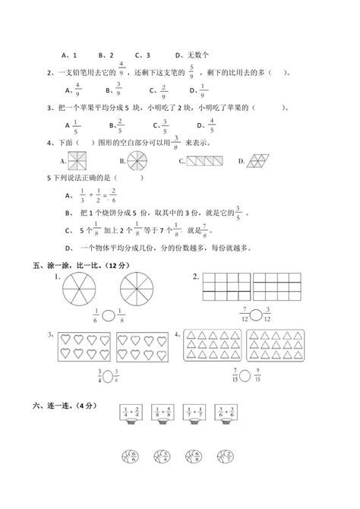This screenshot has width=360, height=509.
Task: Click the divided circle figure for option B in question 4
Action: click(136, 161)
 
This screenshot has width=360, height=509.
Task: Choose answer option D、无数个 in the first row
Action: click(191, 55)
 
